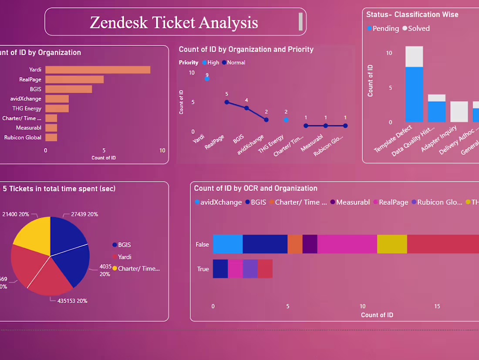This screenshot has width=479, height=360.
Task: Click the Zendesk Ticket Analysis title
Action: (x=174, y=22)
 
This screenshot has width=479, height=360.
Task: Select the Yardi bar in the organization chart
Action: (x=98, y=70)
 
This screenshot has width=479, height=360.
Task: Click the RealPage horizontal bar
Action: (x=74, y=79)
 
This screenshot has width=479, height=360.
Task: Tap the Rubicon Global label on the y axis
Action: (x=23, y=137)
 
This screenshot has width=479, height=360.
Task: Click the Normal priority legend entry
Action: (x=234, y=62)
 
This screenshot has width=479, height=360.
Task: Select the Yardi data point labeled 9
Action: (x=207, y=78)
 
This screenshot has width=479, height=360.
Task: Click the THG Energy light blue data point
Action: (x=286, y=119)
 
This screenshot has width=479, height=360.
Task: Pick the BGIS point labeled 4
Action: (x=246, y=108)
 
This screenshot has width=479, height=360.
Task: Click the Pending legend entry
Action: (x=383, y=28)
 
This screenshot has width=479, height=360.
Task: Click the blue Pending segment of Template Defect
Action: (x=414, y=94)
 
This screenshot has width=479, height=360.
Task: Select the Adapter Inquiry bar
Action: (x=459, y=112)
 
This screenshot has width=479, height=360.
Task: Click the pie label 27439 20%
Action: (x=81, y=214)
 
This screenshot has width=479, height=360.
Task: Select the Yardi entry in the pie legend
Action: (x=124, y=257)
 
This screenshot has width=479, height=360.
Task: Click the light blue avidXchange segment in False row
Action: (x=228, y=244)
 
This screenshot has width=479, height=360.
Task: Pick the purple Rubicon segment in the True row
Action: (x=250, y=269)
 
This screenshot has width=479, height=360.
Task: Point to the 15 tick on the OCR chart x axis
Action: (x=437, y=306)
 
